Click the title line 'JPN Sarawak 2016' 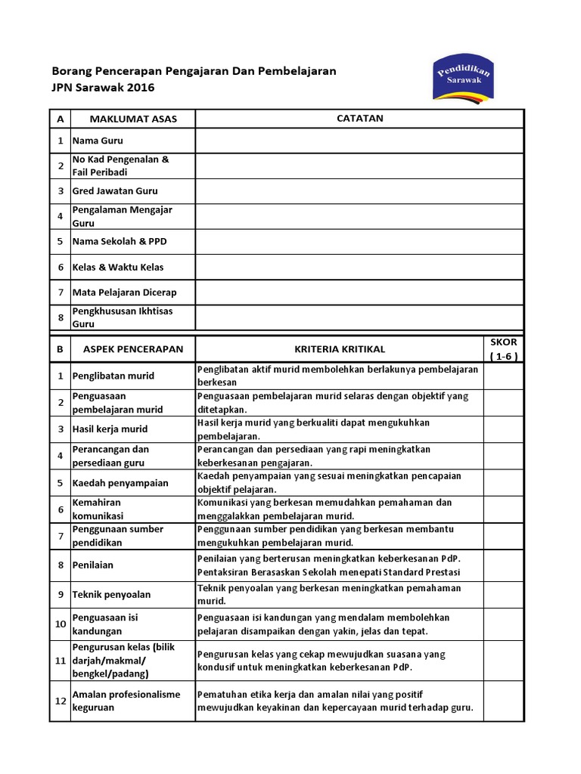[103, 88]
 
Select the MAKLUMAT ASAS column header [133, 119]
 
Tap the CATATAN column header [359, 119]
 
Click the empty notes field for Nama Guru [359, 141]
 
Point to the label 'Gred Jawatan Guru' [115, 191]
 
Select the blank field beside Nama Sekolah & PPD [359, 242]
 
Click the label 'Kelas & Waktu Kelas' [118, 267]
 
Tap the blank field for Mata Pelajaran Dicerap [359, 293]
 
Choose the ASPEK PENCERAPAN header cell [133, 349]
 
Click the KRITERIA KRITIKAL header [340, 349]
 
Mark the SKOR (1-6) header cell [504, 349]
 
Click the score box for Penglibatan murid [504, 376]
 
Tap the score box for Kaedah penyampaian [504, 482]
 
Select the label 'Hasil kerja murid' [110, 429]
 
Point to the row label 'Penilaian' [92, 565]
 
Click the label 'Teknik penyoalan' [111, 595]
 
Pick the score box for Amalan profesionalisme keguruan [504, 701]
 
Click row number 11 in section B [60, 661]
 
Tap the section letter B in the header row [60, 349]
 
